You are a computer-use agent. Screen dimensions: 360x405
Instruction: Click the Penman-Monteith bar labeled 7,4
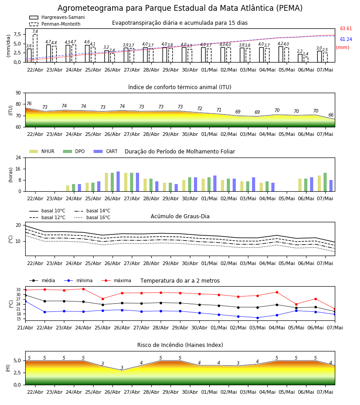click(35, 48)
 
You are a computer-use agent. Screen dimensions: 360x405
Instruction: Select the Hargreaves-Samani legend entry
click(57, 17)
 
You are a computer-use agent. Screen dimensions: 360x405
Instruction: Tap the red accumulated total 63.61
click(346, 28)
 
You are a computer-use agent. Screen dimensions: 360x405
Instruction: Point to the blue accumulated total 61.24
click(346, 39)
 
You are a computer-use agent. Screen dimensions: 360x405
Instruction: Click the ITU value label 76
click(29, 103)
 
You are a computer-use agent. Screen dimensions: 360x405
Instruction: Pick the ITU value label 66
click(331, 115)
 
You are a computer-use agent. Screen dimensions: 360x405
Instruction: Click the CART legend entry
click(105, 151)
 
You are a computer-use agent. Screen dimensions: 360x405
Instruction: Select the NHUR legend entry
click(41, 151)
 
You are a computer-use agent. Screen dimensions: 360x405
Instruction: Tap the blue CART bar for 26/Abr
click(118, 181)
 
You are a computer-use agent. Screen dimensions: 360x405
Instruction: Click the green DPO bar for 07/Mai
click(325, 182)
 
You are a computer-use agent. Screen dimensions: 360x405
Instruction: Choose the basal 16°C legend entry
click(92, 217)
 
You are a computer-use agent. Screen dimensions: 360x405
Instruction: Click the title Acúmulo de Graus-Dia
click(180, 216)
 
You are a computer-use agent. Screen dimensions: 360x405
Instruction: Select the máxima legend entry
click(116, 280)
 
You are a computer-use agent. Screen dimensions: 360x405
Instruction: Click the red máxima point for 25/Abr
click(103, 299)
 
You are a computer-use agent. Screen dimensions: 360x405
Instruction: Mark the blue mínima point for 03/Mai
click(257, 318)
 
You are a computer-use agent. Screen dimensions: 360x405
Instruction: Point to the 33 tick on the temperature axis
click(18, 290)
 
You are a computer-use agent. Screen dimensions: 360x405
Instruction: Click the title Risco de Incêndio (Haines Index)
click(180, 345)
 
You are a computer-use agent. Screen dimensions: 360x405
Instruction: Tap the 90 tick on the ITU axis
click(18, 93)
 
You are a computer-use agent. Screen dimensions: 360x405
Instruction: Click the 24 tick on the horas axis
click(18, 157)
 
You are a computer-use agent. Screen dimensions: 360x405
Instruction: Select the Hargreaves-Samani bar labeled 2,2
click(300, 58)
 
